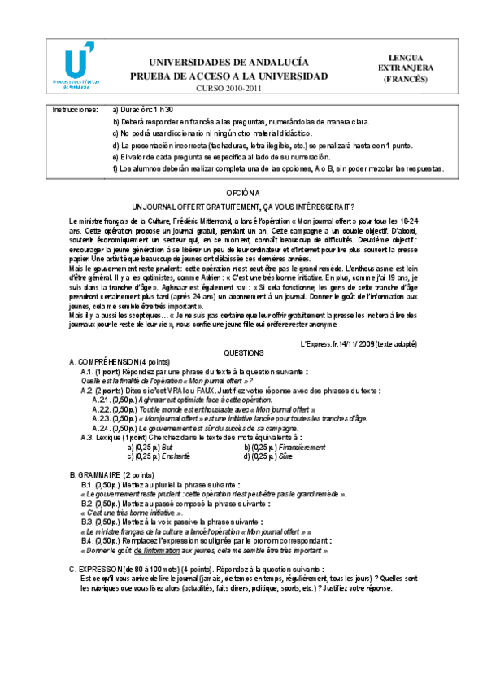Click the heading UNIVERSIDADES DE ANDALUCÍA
(x=229, y=63)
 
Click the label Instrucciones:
(x=75, y=109)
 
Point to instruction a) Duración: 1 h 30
(x=143, y=109)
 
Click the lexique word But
(x=167, y=447)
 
